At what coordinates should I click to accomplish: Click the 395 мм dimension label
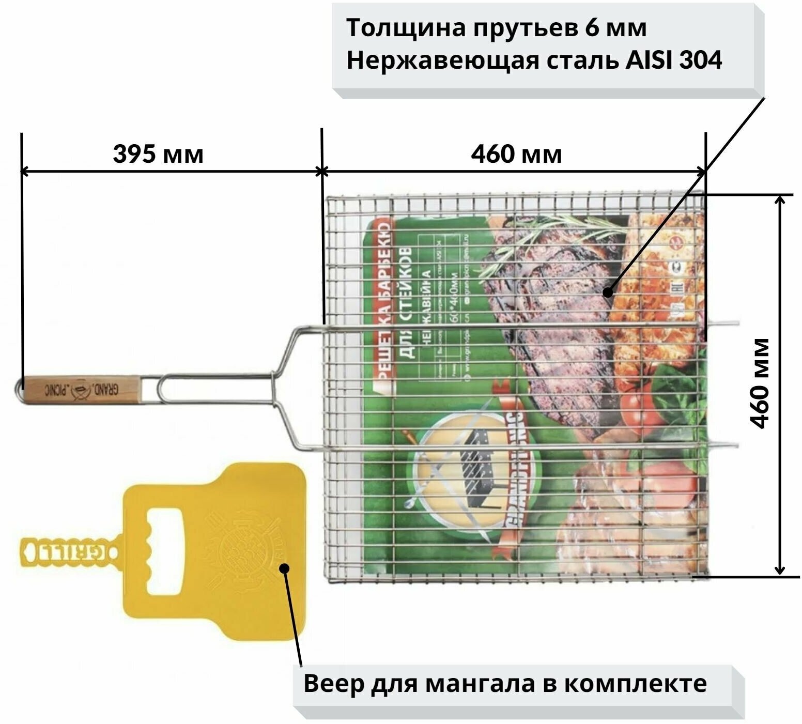(x=158, y=154)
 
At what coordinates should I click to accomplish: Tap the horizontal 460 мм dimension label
(x=516, y=154)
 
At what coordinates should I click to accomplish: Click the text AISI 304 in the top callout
(x=674, y=61)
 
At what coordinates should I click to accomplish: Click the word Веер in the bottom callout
(x=333, y=683)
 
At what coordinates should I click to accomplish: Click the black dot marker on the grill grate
(x=608, y=293)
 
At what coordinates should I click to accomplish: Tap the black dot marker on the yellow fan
(x=284, y=568)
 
